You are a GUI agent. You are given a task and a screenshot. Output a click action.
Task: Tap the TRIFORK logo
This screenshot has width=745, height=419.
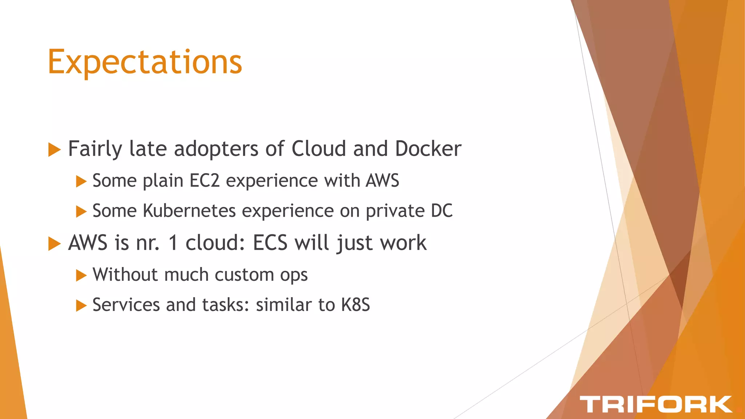point(656,404)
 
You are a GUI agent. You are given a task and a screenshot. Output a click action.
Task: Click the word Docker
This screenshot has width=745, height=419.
point(428,149)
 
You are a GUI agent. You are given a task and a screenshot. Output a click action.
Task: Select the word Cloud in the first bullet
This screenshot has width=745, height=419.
point(319,149)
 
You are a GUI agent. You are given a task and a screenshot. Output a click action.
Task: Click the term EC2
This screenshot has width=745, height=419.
point(205,180)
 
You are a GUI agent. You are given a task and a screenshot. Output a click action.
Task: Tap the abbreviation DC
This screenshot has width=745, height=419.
point(442,211)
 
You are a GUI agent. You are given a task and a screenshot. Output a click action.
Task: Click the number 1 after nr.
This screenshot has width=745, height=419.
point(174,243)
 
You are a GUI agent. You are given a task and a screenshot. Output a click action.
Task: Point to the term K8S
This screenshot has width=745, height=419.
point(355,305)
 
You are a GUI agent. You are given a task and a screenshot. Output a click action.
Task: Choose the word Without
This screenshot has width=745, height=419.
point(125,275)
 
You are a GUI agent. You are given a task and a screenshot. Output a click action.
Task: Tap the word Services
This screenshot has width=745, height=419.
point(126,305)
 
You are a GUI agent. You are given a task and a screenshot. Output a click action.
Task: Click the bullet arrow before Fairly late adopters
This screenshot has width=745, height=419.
point(54,150)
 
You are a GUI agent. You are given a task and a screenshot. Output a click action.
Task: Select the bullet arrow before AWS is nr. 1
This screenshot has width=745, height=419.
point(54,244)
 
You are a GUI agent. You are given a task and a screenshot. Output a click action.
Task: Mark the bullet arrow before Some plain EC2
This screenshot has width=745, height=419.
point(81,181)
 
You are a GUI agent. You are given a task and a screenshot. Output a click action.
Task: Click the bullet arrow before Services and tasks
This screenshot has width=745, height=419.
point(81,306)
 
